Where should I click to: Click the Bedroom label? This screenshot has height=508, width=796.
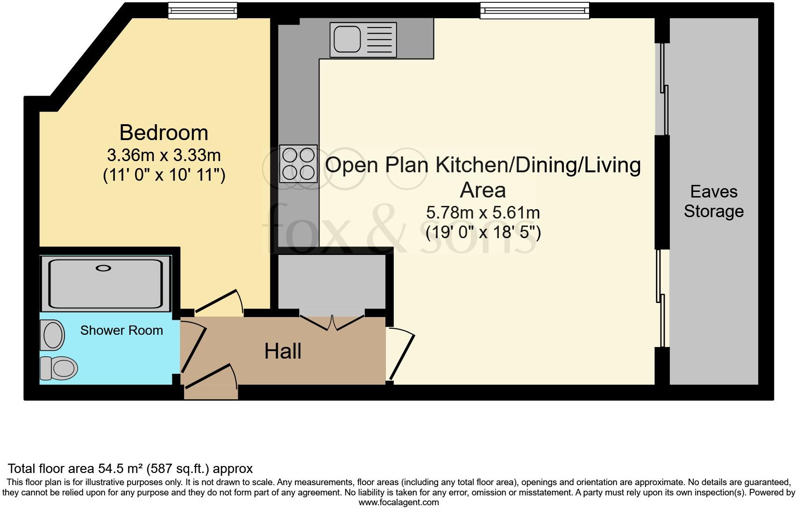(x=163, y=133)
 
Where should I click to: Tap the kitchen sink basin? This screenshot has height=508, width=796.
(x=346, y=39)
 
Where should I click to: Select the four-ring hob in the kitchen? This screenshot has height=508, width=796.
(x=298, y=163)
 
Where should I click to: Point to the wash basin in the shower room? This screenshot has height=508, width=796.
(x=52, y=335)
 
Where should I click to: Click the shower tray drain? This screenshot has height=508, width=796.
(x=103, y=268)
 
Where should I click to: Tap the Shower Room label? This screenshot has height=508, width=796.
(x=121, y=331)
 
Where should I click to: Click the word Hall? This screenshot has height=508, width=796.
(x=283, y=351)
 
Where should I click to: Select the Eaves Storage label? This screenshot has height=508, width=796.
(x=713, y=201)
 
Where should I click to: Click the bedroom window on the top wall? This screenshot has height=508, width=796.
(x=202, y=10)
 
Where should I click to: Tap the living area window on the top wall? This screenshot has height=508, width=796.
(x=534, y=10)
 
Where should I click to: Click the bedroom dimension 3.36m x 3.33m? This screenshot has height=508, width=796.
(x=163, y=155)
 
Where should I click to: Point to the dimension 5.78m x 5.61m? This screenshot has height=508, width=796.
(x=483, y=213)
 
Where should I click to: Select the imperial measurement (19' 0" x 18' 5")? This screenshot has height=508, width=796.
(x=483, y=232)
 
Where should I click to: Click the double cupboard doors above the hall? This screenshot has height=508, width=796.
(x=332, y=322)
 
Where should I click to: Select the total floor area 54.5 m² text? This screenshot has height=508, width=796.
(x=130, y=468)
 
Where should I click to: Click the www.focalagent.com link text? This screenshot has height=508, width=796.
(x=398, y=502)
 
